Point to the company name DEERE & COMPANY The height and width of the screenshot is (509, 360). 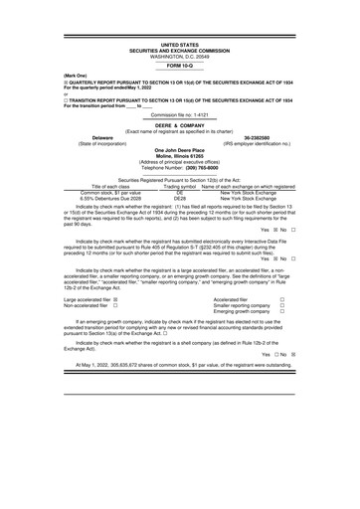point(180,125)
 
